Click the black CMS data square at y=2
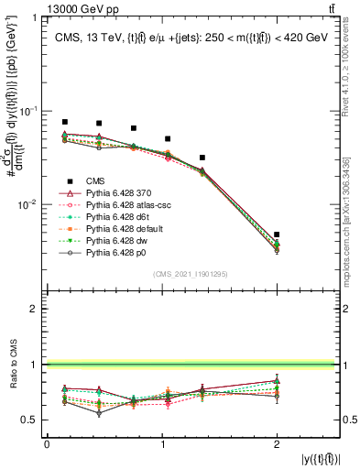tap(277, 234)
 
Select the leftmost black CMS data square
tap(64, 122)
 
